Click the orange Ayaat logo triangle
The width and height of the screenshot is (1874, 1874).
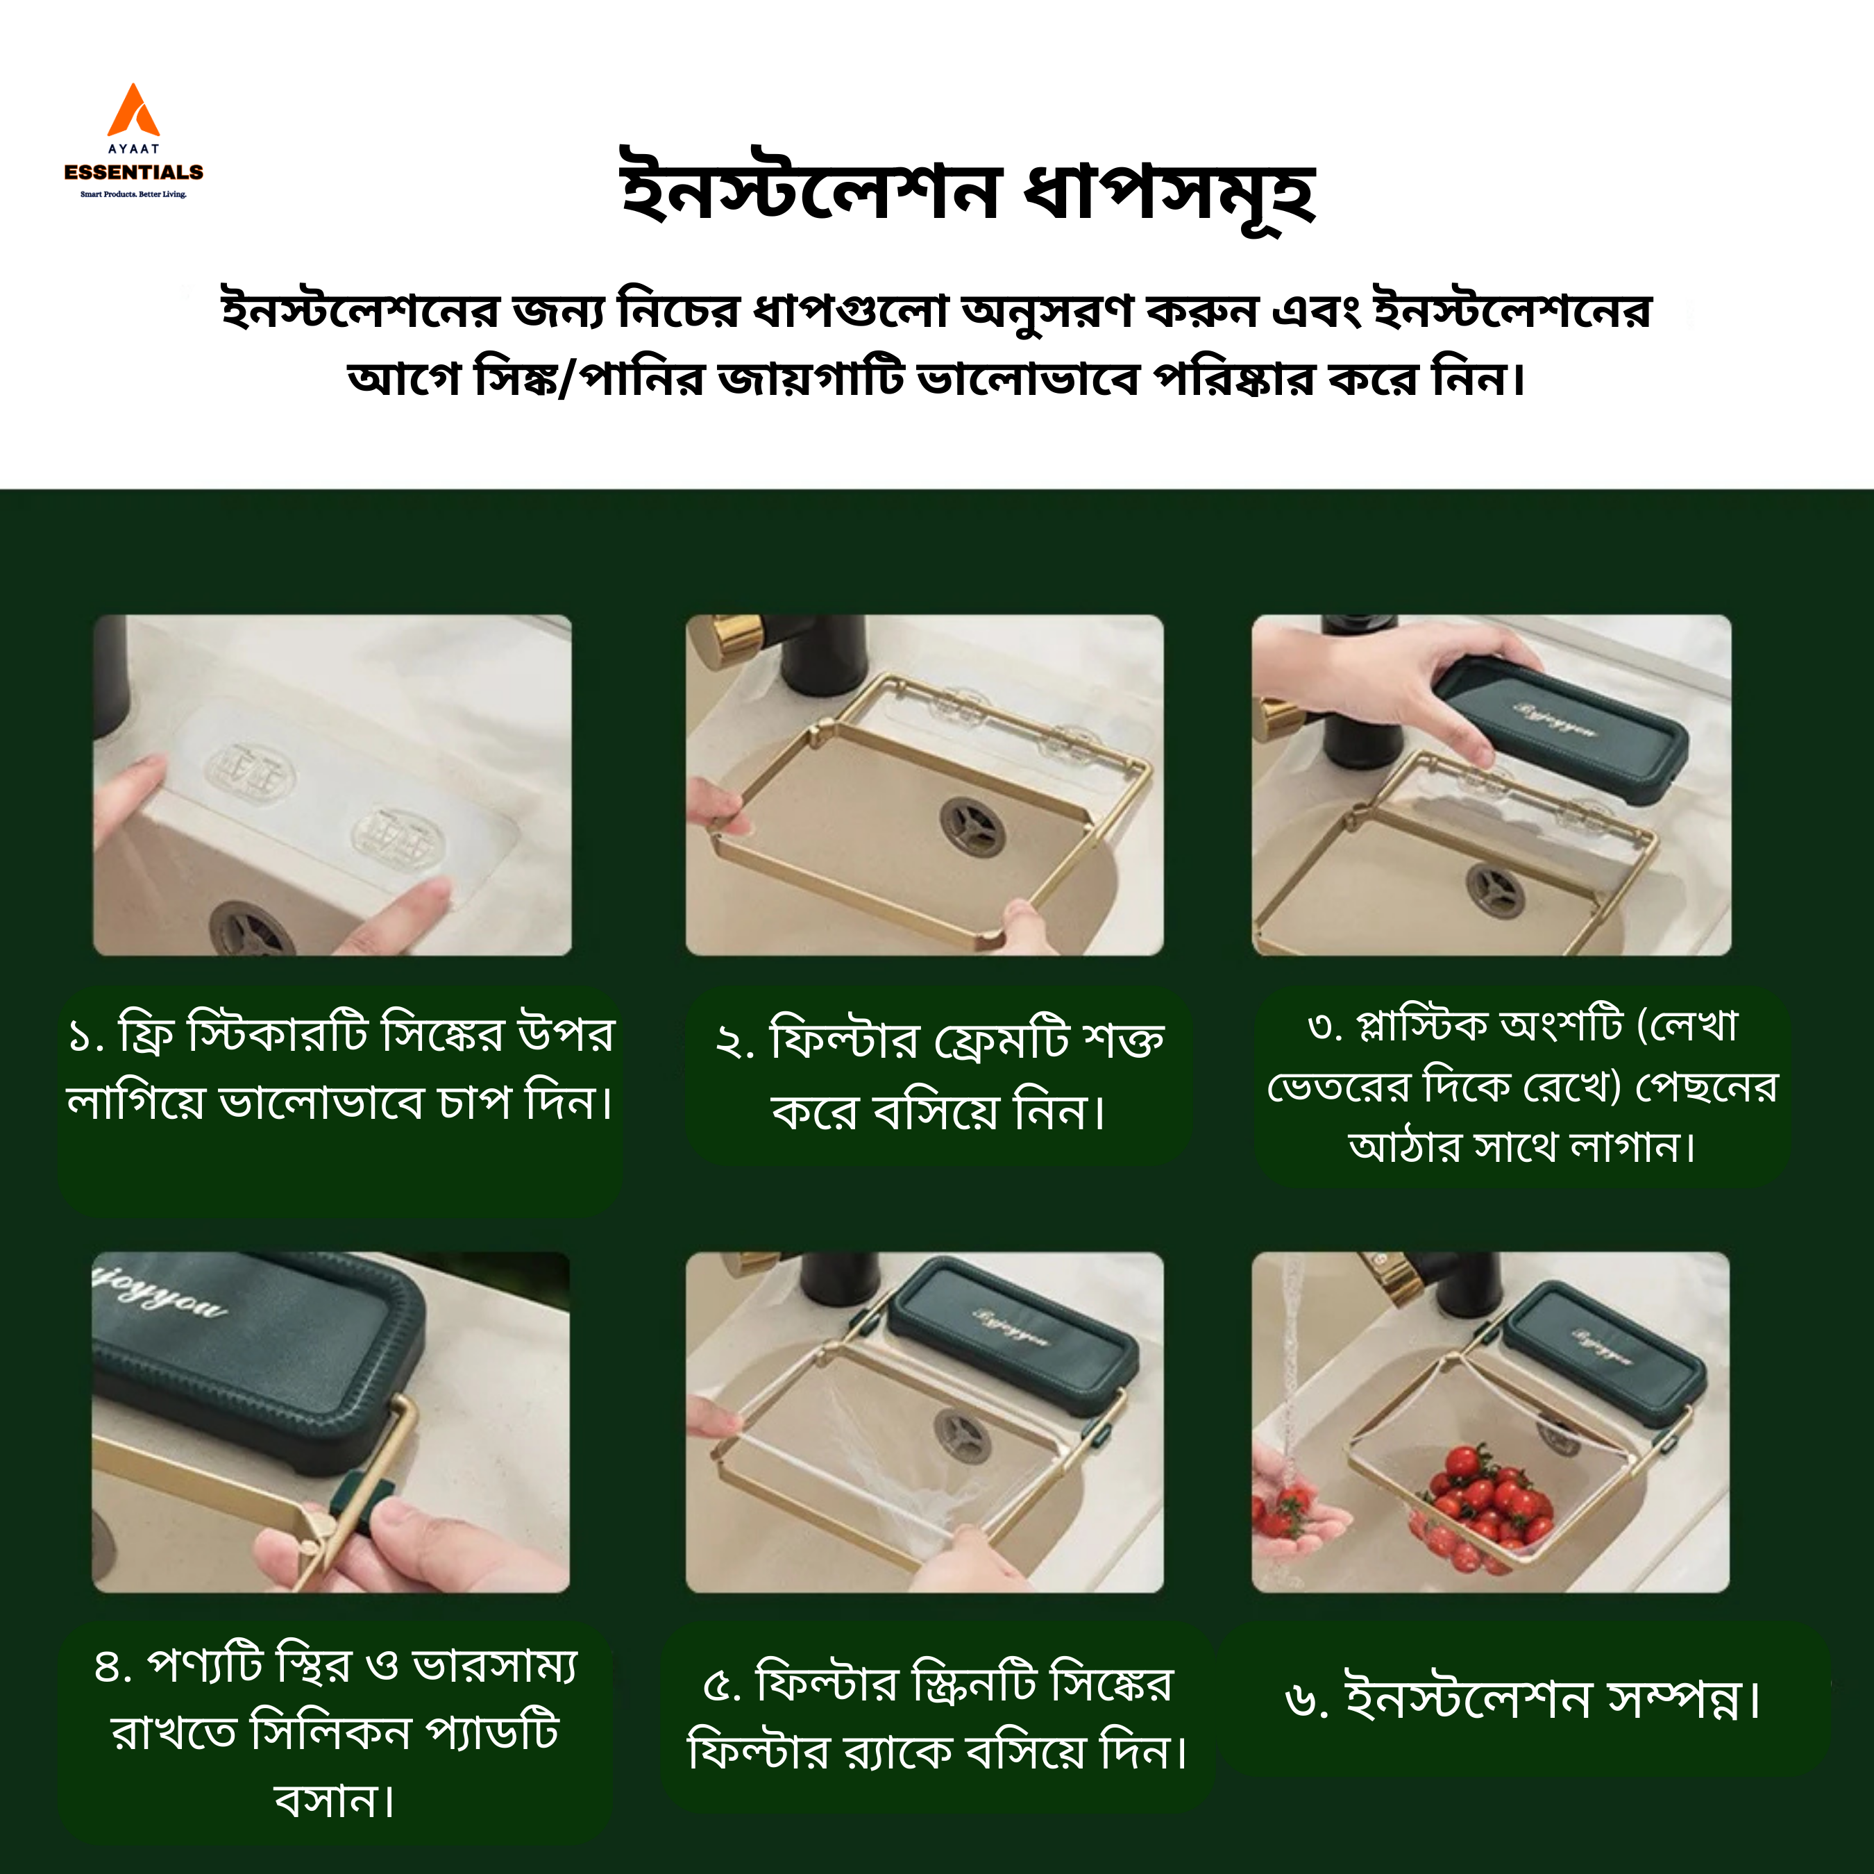(133, 110)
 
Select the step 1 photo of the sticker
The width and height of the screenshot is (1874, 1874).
(332, 785)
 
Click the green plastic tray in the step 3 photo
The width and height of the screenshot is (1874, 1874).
(1561, 727)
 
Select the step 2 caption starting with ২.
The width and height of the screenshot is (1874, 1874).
(939, 1074)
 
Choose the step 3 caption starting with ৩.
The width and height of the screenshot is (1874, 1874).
(1522, 1086)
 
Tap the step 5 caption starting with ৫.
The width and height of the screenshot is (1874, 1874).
(938, 1717)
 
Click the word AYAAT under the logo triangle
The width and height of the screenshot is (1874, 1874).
(134, 149)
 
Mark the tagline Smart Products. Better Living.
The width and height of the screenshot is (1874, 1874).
(134, 194)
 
